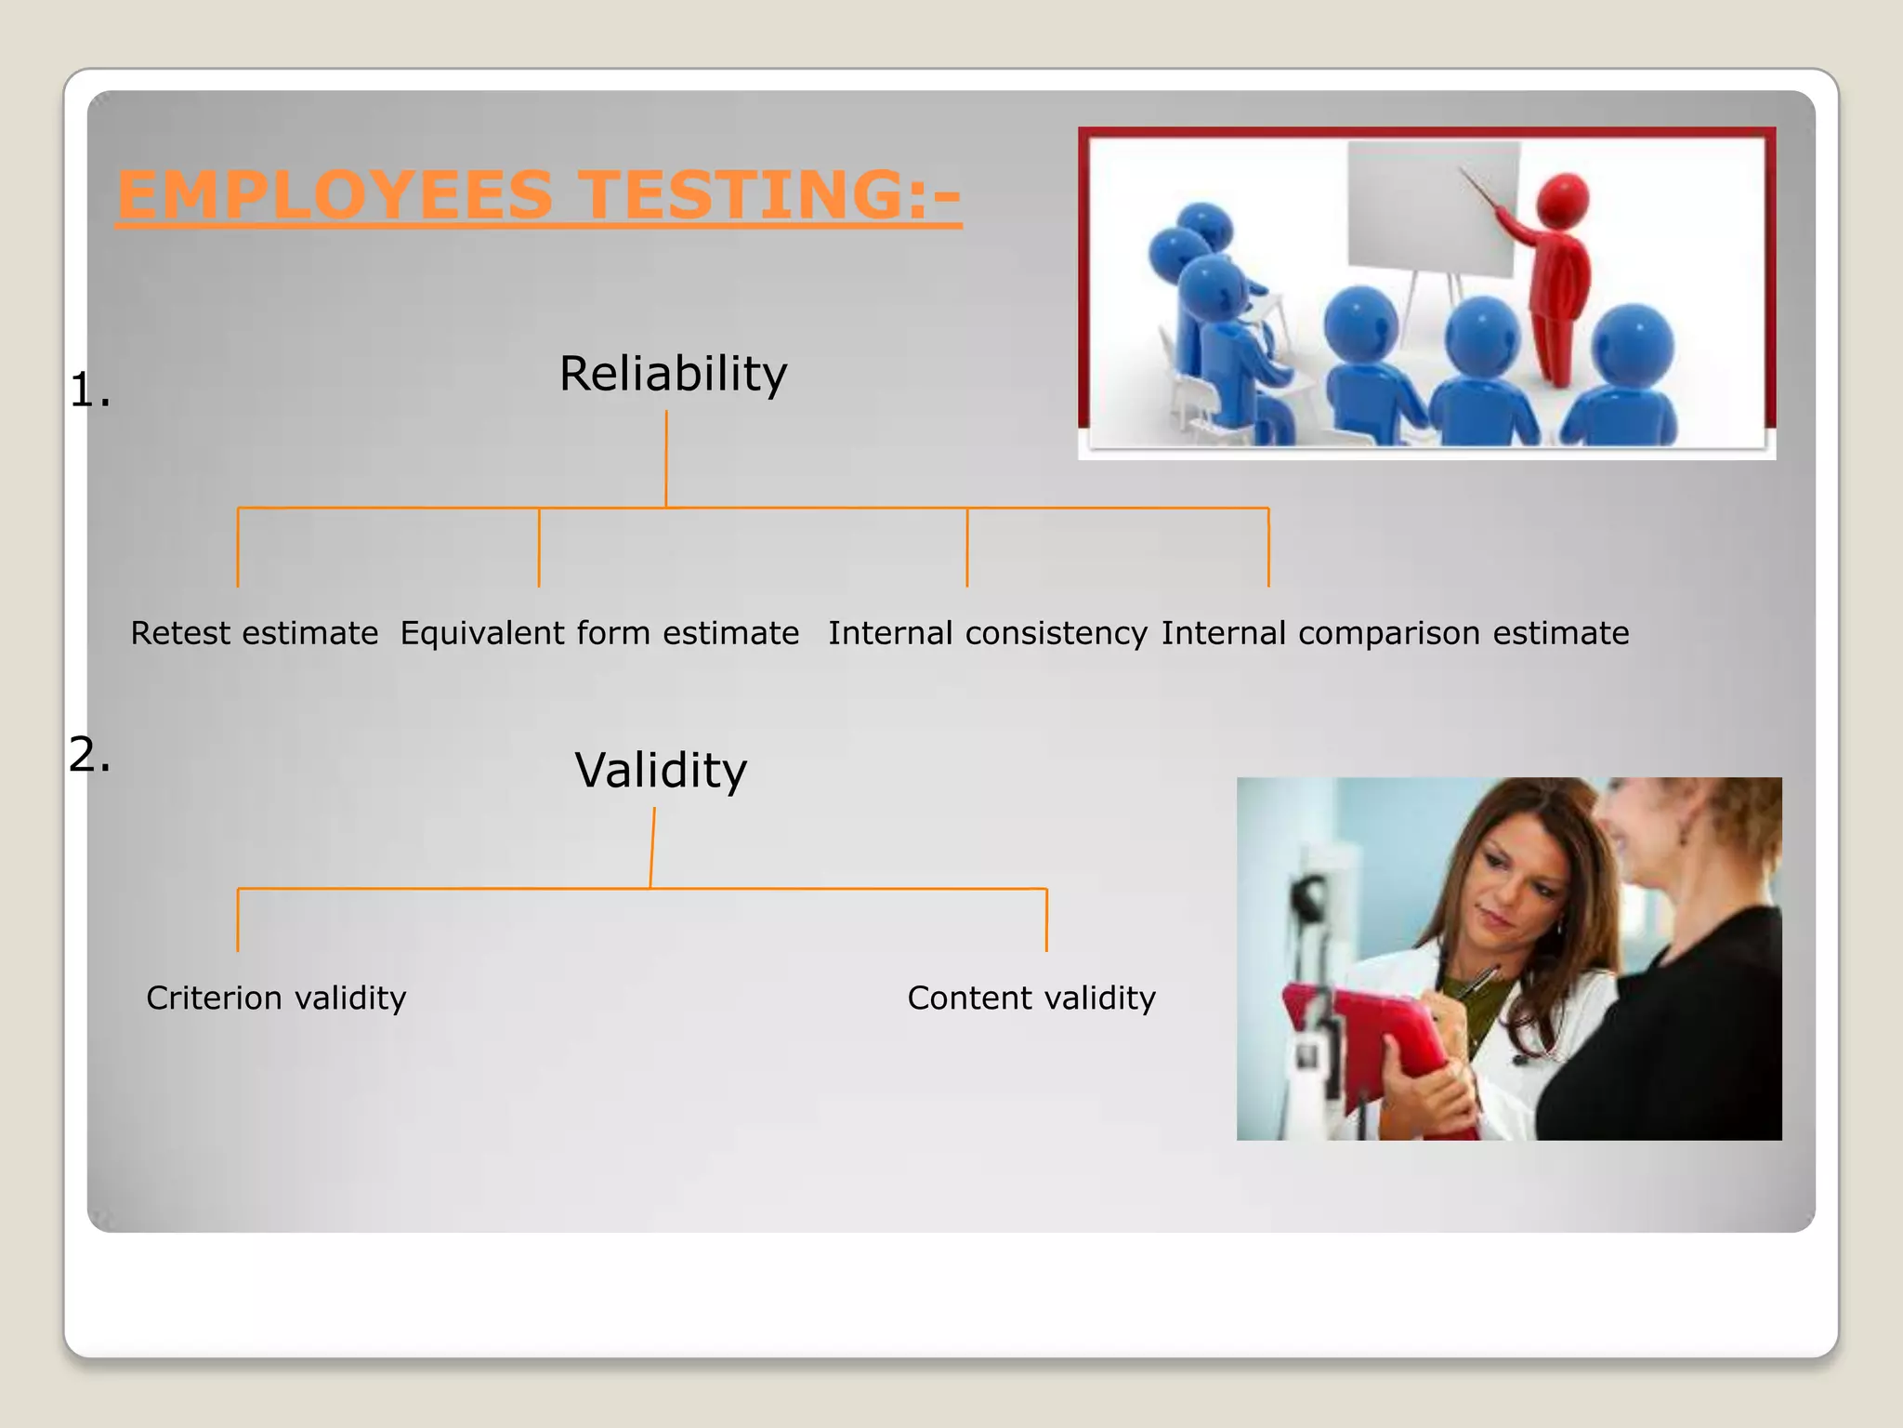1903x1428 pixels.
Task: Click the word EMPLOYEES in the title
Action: pyautogui.click(x=335, y=195)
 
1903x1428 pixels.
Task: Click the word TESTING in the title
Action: pyautogui.click(x=743, y=195)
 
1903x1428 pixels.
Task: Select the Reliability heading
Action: pyautogui.click(x=673, y=374)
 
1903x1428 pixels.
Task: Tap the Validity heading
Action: pyautogui.click(x=661, y=771)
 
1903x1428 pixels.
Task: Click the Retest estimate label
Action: pyautogui.click(x=254, y=633)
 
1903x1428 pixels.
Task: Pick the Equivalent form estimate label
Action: pyautogui.click(x=599, y=633)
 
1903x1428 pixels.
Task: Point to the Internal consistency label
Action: pyautogui.click(x=988, y=633)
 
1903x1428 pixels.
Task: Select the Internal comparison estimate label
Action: pyautogui.click(x=1395, y=633)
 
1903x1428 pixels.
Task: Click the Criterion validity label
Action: pyautogui.click(x=276, y=998)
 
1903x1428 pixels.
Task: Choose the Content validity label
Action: pyautogui.click(x=1031, y=998)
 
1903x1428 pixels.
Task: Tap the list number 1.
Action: pyautogui.click(x=89, y=390)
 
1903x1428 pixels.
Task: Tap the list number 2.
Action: pyautogui.click(x=89, y=754)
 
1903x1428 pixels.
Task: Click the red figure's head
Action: pyautogui.click(x=1564, y=199)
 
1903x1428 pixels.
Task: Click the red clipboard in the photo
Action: pyautogui.click(x=1366, y=1032)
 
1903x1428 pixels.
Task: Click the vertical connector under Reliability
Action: pyautogui.click(x=666, y=459)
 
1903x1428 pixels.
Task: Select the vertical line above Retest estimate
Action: pyautogui.click(x=238, y=549)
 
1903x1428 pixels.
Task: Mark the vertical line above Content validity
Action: pyautogui.click(x=1046, y=920)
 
